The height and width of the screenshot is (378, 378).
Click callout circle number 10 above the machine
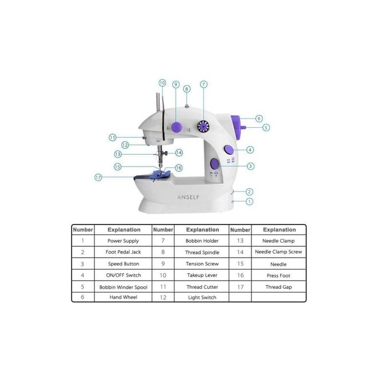tap(162, 83)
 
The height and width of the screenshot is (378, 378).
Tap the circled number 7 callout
tap(204, 84)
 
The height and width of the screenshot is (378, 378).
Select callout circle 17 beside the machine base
tap(99, 178)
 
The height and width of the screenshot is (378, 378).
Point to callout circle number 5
tap(266, 128)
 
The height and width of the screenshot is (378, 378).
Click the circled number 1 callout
tap(249, 201)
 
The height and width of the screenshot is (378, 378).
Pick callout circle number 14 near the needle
tap(179, 152)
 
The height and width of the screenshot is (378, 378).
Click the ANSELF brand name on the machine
tap(188, 197)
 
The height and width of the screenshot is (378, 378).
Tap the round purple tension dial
tap(176, 127)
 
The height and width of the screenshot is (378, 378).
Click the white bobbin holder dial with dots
tap(203, 127)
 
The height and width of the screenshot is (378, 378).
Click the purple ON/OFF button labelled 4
tap(229, 149)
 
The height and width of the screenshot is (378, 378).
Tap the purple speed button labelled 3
tap(214, 164)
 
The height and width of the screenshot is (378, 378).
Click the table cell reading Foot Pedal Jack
tap(123, 252)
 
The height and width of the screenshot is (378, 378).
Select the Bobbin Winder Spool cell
tap(123, 287)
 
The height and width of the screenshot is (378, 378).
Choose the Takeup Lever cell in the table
tap(202, 275)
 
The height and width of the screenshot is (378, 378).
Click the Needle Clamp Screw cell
tap(278, 252)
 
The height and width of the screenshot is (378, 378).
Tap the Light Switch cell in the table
tap(202, 297)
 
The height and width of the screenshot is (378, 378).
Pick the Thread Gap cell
tap(278, 287)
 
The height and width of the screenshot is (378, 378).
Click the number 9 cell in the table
tap(163, 263)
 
